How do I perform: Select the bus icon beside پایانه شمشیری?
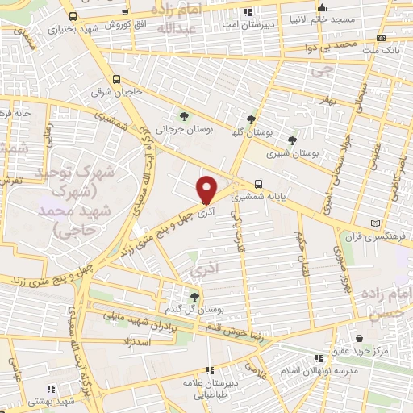point(258,183)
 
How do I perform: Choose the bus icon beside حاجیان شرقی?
point(118,80)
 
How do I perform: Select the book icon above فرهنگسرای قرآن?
point(373,223)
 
